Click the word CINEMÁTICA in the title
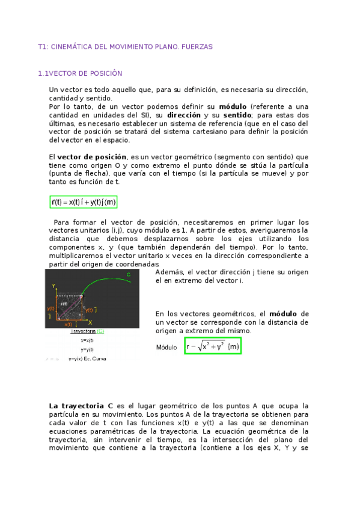[x=70, y=46]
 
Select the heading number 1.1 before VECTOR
[x=43, y=73]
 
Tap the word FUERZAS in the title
[x=198, y=46]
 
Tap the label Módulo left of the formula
[x=166, y=348]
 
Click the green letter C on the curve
[x=129, y=275]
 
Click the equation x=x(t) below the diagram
[x=87, y=340]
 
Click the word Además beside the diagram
[x=170, y=272]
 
